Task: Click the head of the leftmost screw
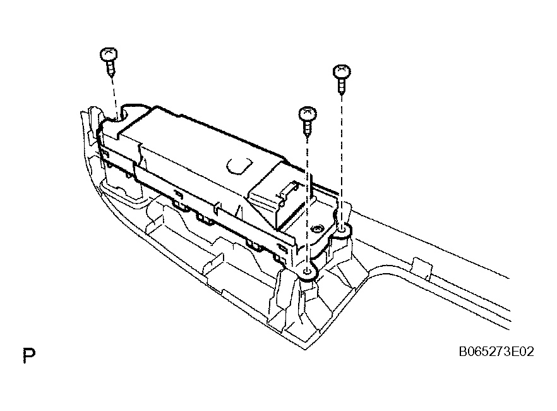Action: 109,55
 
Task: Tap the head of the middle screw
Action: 308,114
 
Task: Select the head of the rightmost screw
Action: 342,72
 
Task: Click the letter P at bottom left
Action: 29,355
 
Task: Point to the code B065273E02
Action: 496,352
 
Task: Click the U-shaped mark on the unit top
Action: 239,166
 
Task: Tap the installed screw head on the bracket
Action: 316,229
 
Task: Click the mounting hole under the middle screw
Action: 308,272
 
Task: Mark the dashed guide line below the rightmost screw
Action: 342,160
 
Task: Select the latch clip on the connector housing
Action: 289,191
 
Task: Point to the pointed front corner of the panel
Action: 305,349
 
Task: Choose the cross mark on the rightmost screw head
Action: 342,69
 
